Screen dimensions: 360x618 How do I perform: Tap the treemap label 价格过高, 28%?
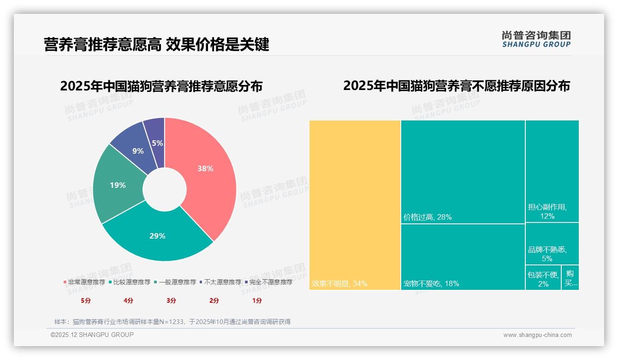(x=428, y=217)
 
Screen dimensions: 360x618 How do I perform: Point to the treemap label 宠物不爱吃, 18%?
(x=431, y=283)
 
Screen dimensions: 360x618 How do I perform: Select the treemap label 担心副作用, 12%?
(x=547, y=211)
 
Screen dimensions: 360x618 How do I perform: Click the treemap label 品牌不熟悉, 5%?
(x=547, y=254)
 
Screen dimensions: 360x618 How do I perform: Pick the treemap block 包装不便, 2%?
(x=543, y=279)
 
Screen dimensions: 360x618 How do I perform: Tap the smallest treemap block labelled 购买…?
(x=570, y=278)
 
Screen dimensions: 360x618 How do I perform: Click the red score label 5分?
(x=86, y=300)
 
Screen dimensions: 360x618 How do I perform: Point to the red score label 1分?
(x=257, y=300)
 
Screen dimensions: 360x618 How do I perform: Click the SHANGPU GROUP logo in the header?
(x=536, y=39)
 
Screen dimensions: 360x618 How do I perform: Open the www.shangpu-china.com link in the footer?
(x=537, y=335)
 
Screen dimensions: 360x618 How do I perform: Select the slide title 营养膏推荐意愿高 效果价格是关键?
(x=156, y=45)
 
